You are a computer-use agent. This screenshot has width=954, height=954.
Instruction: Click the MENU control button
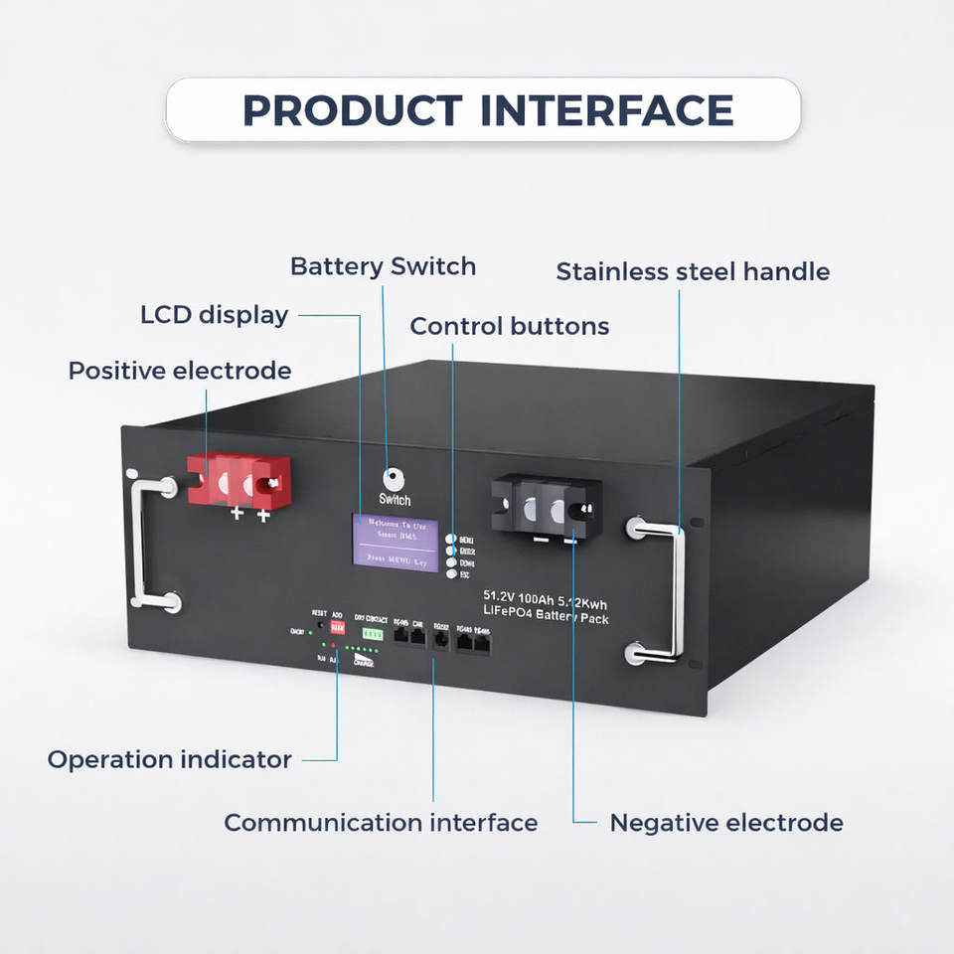click(451, 539)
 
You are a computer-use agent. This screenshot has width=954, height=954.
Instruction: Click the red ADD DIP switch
click(337, 629)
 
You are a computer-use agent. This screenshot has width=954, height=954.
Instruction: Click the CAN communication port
click(417, 636)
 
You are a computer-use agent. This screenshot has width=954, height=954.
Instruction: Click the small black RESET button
click(320, 626)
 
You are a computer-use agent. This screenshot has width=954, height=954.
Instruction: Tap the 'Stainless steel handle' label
click(693, 271)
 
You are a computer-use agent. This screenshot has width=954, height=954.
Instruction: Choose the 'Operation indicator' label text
click(170, 760)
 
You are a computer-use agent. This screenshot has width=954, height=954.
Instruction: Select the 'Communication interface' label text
click(381, 823)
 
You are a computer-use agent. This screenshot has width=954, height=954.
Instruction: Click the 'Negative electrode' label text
click(725, 823)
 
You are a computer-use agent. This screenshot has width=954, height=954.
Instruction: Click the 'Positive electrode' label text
click(180, 371)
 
